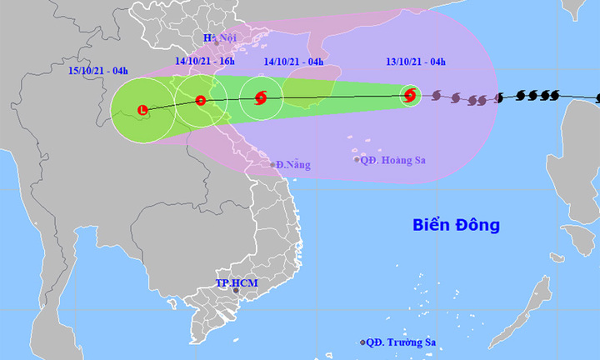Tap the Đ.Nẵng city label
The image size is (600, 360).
pyautogui.click(x=292, y=165)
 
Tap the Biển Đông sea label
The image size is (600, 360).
pyautogui.click(x=457, y=225)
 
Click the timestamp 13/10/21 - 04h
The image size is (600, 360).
pyautogui.click(x=414, y=61)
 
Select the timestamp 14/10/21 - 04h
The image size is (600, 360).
pyautogui.click(x=292, y=61)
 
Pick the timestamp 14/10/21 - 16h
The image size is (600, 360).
pyautogui.click(x=205, y=61)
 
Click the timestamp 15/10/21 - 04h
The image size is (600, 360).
pyautogui.click(x=97, y=72)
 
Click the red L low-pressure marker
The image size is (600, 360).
pyautogui.click(x=143, y=110)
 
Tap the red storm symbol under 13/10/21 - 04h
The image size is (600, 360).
pyautogui.click(x=409, y=96)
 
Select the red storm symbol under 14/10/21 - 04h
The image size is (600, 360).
pyautogui.click(x=260, y=98)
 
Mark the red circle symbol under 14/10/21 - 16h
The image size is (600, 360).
pyautogui.click(x=200, y=101)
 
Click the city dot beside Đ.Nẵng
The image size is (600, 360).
pyautogui.click(x=272, y=165)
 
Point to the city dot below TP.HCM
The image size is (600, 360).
pyautogui.click(x=236, y=292)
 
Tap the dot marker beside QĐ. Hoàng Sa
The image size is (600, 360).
pyautogui.click(x=357, y=159)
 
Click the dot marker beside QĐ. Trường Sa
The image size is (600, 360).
pyautogui.click(x=362, y=342)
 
